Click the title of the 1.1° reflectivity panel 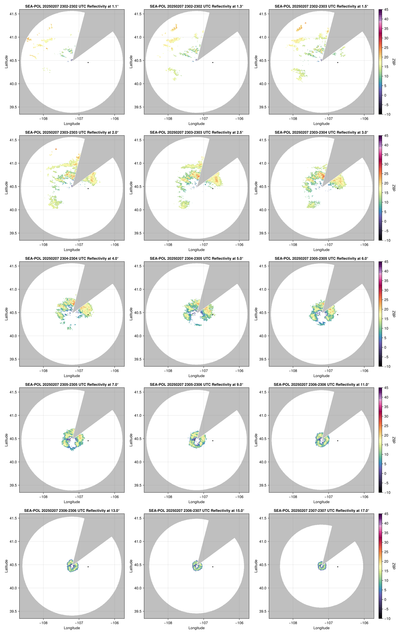coord(72,6)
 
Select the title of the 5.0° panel coord(196,259)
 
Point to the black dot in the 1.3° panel coord(213,62)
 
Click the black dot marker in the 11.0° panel coord(338,441)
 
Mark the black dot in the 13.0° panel coord(88,567)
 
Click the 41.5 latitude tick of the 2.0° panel coord(13,140)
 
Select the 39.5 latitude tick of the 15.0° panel coord(138,611)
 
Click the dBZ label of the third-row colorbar coord(394,314)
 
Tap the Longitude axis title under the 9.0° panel coord(196,502)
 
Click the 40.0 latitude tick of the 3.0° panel coord(263,210)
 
